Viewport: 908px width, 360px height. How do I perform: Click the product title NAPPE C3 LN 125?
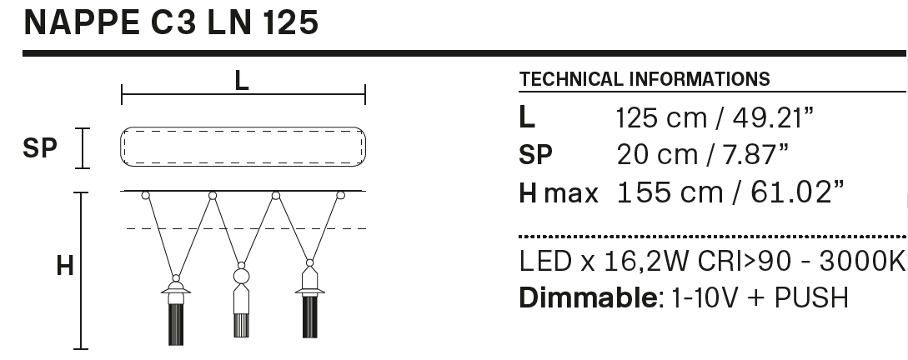pyautogui.click(x=172, y=22)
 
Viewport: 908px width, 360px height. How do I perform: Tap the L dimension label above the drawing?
pyautogui.click(x=242, y=81)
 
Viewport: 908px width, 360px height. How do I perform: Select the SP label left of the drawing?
pyautogui.click(x=40, y=149)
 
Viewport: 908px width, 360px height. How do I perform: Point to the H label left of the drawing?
pyautogui.click(x=64, y=267)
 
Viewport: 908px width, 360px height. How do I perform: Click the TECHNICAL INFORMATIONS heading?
pyautogui.click(x=645, y=80)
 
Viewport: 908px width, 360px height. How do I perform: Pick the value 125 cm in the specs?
pyautogui.click(x=660, y=117)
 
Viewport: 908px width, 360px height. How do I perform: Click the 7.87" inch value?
pyautogui.click(x=751, y=154)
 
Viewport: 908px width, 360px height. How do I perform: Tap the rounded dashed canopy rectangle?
pyautogui.click(x=243, y=148)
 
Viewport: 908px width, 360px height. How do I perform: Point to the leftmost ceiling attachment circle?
pyautogui.click(x=145, y=196)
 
